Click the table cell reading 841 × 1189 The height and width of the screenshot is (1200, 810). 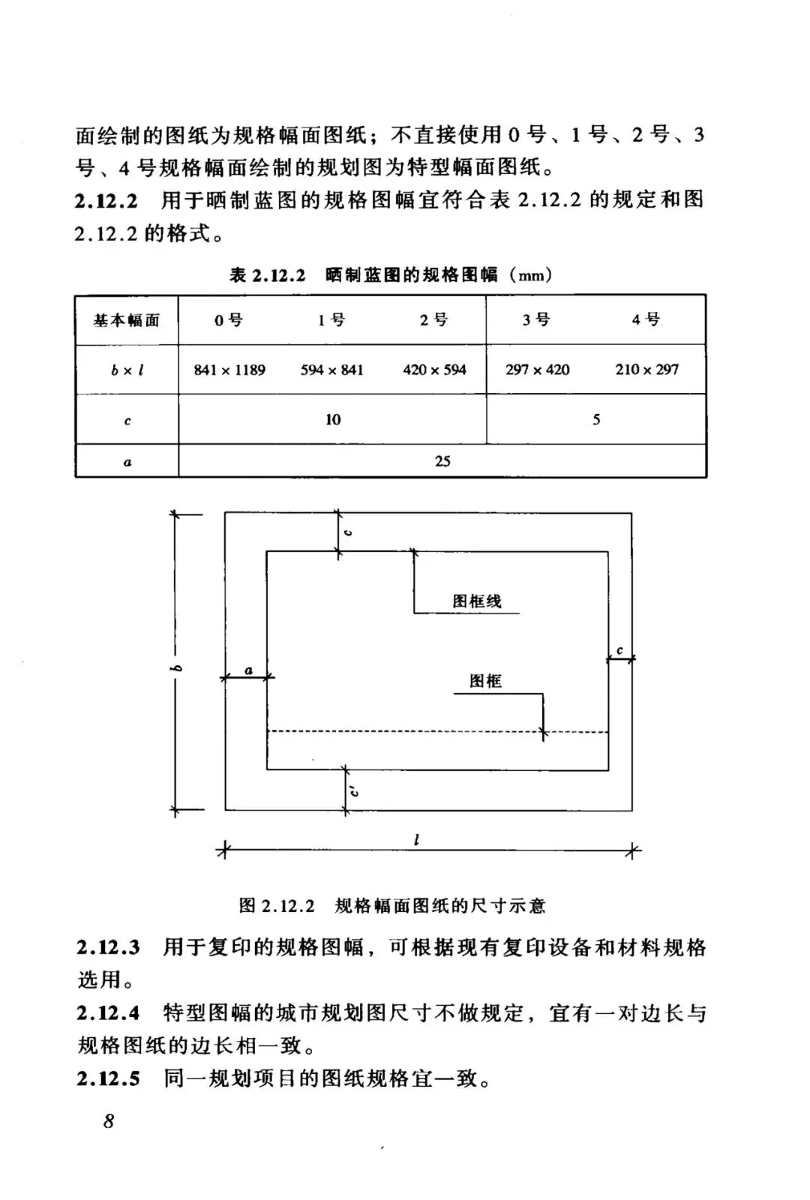pyautogui.click(x=229, y=370)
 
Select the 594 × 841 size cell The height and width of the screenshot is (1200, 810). pyautogui.click(x=331, y=370)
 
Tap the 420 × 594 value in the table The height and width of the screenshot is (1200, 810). pyautogui.click(x=434, y=370)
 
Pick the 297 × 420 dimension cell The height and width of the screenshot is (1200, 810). pyautogui.click(x=537, y=370)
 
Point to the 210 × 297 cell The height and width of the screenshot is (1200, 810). pyautogui.click(x=646, y=370)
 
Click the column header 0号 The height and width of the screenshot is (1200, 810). pyautogui.click(x=229, y=320)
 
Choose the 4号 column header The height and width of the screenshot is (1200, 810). pyautogui.click(x=646, y=319)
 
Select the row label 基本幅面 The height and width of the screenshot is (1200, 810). pyautogui.click(x=127, y=320)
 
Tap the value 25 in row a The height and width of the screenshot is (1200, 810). pyautogui.click(x=442, y=461)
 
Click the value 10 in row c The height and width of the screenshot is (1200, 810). pyautogui.click(x=333, y=419)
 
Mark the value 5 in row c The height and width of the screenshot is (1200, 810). pyautogui.click(x=596, y=419)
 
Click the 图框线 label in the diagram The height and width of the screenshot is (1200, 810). pyautogui.click(x=477, y=601)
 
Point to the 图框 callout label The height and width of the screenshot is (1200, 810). pyautogui.click(x=485, y=681)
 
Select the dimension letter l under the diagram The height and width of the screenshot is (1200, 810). pyautogui.click(x=416, y=839)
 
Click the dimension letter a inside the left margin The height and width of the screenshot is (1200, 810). pyautogui.click(x=248, y=670)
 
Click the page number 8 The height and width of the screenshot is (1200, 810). pyautogui.click(x=109, y=1122)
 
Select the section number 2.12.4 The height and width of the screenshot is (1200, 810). pyautogui.click(x=108, y=1013)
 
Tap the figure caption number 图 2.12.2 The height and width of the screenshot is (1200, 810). pyautogui.click(x=277, y=905)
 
